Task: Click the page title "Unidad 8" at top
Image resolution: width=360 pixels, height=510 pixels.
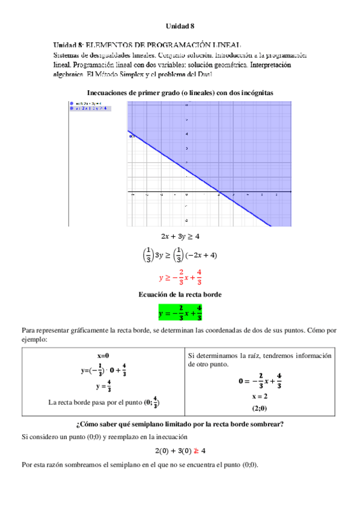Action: coord(180,26)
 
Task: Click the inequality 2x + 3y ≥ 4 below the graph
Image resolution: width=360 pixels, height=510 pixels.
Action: coord(180,236)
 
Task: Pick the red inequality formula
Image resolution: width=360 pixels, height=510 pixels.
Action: coord(180,277)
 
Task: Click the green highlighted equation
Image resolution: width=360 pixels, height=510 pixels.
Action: coord(180,313)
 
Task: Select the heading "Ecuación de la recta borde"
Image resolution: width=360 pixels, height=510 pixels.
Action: coord(180,295)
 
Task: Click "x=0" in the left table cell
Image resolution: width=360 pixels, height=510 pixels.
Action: coord(103,355)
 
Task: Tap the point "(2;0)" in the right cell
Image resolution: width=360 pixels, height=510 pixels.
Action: coord(260,408)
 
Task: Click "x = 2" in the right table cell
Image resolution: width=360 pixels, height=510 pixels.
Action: coord(260,396)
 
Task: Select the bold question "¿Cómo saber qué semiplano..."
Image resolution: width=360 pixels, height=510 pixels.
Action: coord(180,424)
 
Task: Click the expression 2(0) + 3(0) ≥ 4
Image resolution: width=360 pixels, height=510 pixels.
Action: coord(180,450)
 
